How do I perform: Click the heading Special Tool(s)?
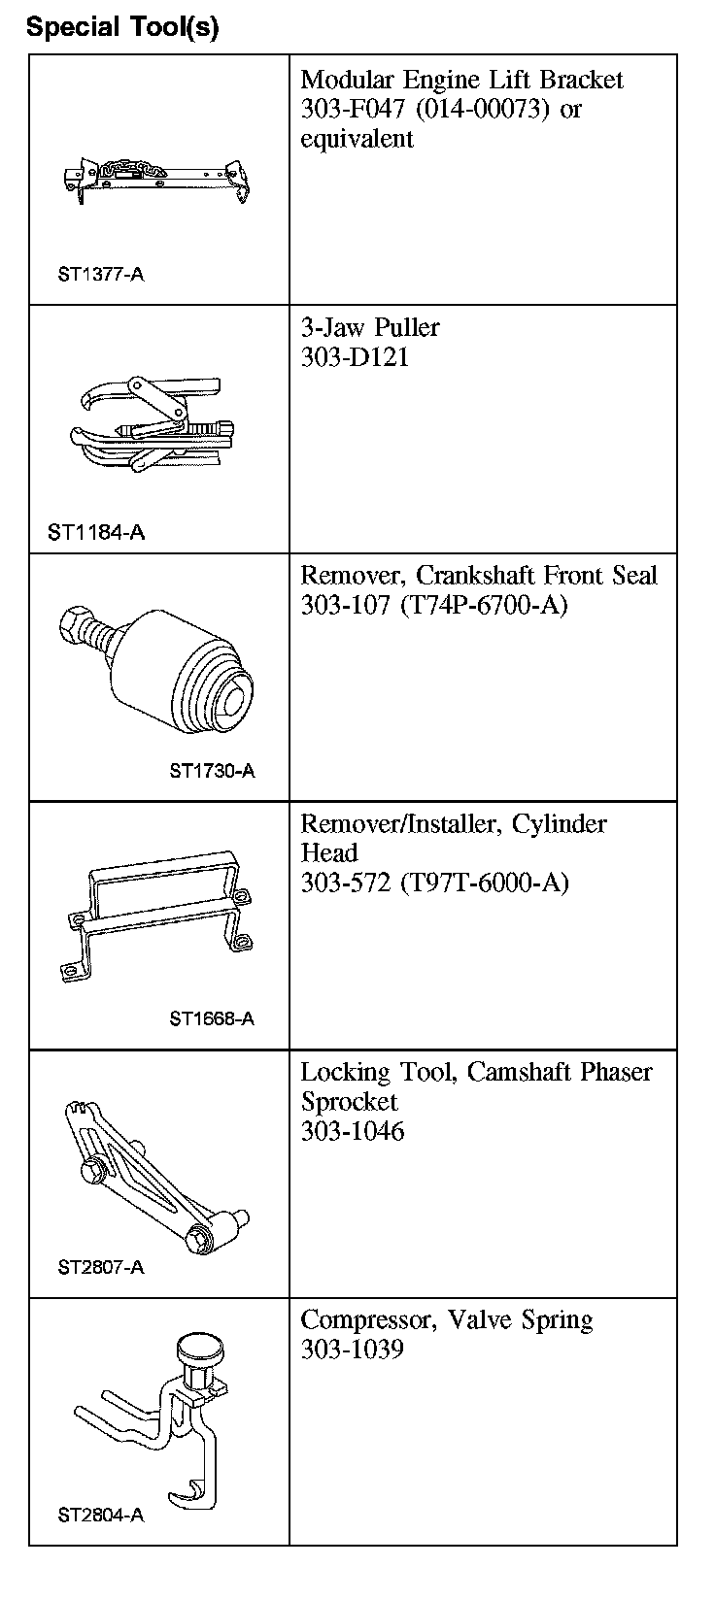point(122,27)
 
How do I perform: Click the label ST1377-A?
point(101,274)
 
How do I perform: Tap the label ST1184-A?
point(96,532)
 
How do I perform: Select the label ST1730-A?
point(212,771)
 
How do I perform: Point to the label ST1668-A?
point(212,1018)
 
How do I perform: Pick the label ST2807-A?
point(101,1267)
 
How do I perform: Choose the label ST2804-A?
point(101,1515)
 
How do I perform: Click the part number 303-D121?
point(355,357)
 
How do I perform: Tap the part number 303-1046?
point(353,1131)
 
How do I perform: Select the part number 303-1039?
point(353,1350)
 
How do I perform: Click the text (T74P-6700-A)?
point(484,605)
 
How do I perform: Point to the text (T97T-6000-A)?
point(484,883)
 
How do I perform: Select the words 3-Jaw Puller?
point(370,327)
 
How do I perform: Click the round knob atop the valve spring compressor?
point(199,1350)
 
